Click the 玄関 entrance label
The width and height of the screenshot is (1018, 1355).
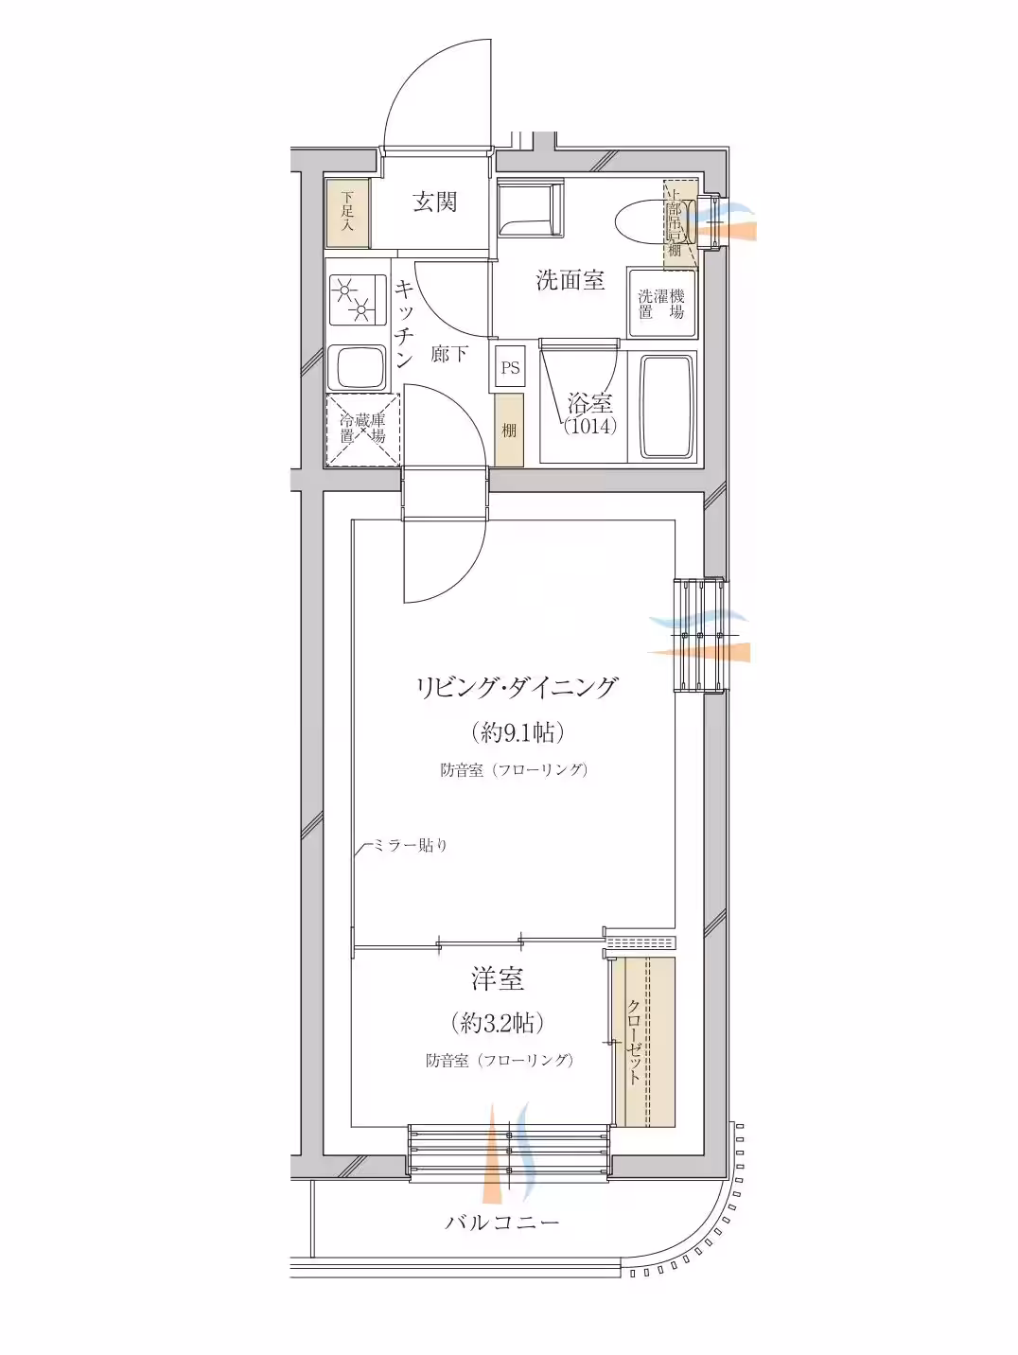coord(435,202)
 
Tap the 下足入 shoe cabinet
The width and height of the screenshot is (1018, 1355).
coord(346,213)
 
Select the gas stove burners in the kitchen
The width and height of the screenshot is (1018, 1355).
coord(355,296)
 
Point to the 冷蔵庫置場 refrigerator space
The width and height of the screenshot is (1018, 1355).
coord(363,430)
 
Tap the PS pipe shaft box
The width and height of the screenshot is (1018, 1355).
coord(510,368)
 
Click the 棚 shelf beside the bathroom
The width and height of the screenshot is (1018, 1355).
coord(509,431)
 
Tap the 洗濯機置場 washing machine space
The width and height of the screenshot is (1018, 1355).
coord(661,304)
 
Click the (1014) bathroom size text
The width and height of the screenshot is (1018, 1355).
coord(590,427)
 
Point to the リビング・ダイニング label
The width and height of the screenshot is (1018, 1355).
coord(517,687)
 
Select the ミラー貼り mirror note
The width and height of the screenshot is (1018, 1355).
coord(409,845)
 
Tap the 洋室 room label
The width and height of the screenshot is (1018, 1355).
coord(498,978)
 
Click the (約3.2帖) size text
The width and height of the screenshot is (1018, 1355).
coord(498,1022)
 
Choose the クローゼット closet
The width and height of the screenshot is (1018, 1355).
coord(642,1042)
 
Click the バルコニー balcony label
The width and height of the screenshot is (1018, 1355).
coord(503,1223)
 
